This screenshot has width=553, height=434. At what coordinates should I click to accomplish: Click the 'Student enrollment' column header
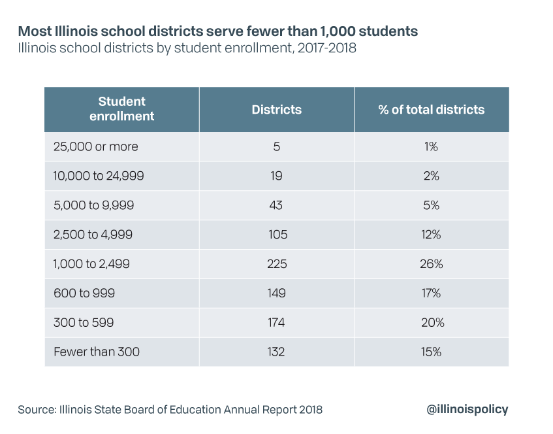pos(121,108)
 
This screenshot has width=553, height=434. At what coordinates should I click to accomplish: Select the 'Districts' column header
pos(277,109)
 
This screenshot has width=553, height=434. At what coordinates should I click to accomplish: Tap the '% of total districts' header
pos(432,109)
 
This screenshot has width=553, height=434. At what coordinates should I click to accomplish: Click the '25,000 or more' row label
pos(95,146)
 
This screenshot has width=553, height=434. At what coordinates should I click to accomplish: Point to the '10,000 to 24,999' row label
pos(99,176)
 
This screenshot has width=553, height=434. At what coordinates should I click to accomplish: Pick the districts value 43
pos(276,205)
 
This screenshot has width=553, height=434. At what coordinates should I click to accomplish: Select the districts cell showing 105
pos(277,235)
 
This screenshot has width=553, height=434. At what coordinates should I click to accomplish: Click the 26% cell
pos(432,264)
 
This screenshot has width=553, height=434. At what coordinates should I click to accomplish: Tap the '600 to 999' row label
pos(84,293)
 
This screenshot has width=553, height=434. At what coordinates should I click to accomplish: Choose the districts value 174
pos(276,322)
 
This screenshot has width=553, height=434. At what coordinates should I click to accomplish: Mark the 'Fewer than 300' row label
pos(97,352)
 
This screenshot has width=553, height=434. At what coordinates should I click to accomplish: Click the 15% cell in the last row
pos(431,352)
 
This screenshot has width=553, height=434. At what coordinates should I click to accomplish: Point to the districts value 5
pos(277,146)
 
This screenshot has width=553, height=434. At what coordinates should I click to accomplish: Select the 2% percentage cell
pos(432,176)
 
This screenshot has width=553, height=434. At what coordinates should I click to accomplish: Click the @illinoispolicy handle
pos(467,409)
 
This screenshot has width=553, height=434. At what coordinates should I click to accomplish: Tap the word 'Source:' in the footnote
pos(37,410)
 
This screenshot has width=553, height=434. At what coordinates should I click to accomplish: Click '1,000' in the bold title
pos(337,31)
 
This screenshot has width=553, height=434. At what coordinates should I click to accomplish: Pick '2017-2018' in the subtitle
pos(327,48)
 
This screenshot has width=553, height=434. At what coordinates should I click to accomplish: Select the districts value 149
pos(276,293)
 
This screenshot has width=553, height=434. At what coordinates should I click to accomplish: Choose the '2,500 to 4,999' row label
pos(93,235)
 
